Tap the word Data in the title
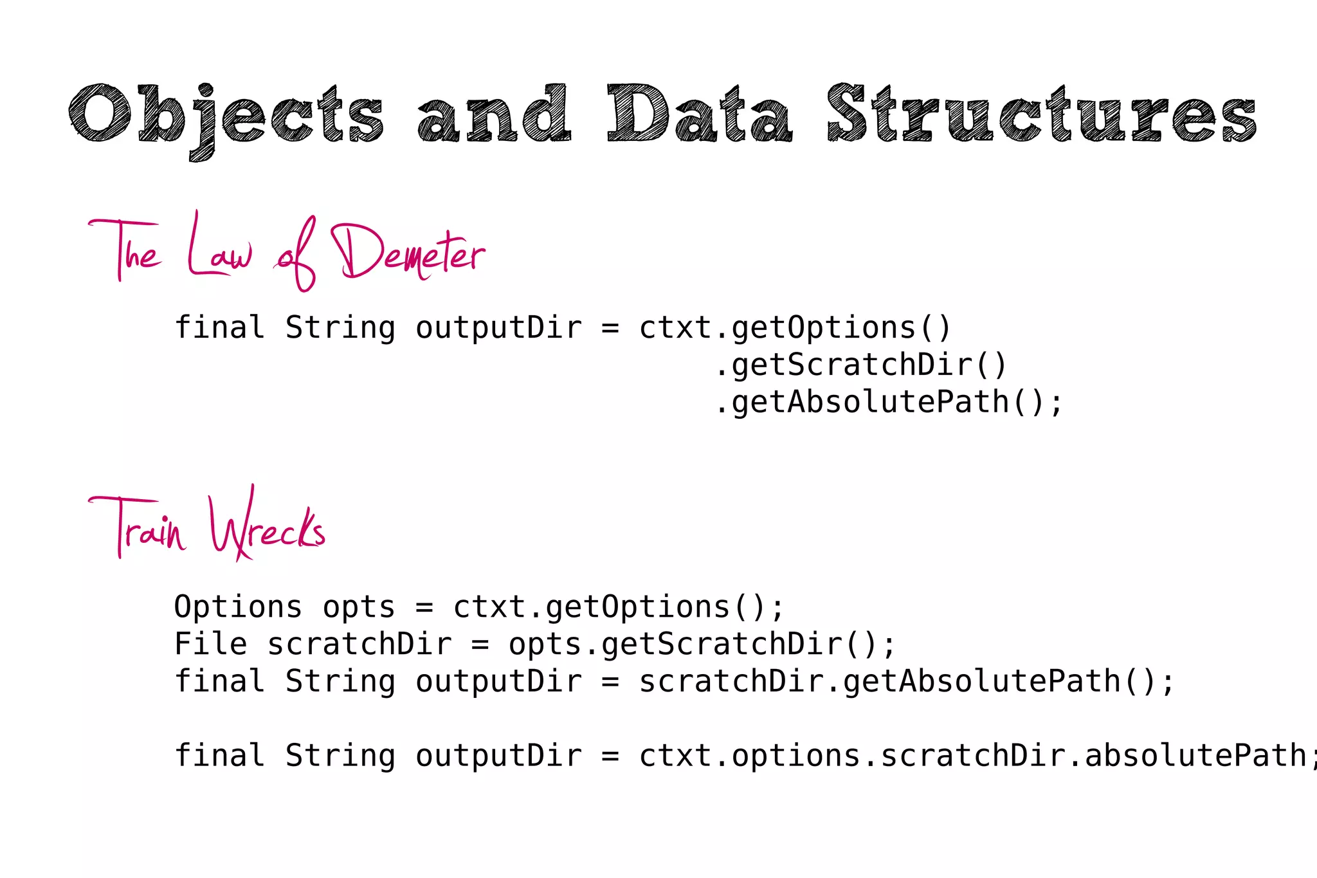tap(700, 114)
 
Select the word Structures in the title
tap(1042, 114)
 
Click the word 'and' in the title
tap(494, 114)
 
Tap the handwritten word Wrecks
tap(268, 526)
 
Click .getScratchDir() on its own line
tap(860, 365)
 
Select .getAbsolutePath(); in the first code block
tap(889, 403)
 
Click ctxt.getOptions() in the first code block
tap(795, 328)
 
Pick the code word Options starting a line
tap(238, 607)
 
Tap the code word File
tap(211, 645)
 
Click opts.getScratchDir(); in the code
tap(702, 645)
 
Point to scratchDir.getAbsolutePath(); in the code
tap(907, 682)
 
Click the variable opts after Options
tap(359, 607)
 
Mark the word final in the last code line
tap(220, 756)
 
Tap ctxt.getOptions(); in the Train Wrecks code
tap(619, 607)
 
